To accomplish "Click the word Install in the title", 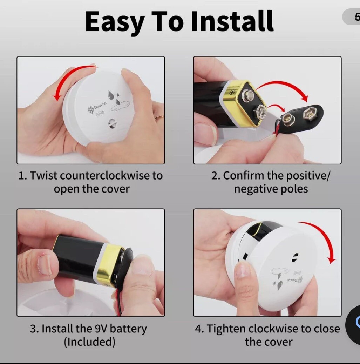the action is pos(232,21).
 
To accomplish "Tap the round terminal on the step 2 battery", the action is pos(249,95).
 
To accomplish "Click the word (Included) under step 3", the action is pos(90,342).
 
